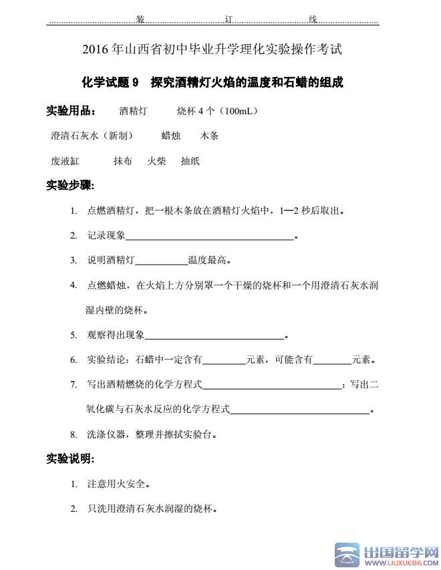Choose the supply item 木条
coord(209,136)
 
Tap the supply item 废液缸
coord(65,161)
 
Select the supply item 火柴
coord(156,161)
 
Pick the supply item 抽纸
coord(190,161)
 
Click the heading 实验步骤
coord(70,185)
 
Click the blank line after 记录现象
coord(209,236)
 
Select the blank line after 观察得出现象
coord(214,335)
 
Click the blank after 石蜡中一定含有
coord(224,360)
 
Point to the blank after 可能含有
coord(332,360)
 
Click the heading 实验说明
coord(70,459)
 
